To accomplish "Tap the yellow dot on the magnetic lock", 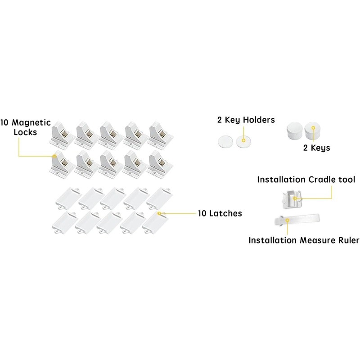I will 55,156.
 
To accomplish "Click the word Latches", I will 226,213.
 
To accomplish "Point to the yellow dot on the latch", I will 160,213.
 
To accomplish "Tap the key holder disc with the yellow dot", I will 243,141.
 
